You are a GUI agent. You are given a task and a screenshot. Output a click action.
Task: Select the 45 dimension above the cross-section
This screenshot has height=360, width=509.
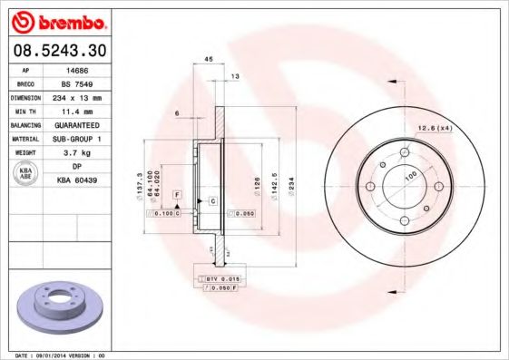208,59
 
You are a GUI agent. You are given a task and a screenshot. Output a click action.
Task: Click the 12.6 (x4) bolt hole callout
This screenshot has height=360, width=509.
435,128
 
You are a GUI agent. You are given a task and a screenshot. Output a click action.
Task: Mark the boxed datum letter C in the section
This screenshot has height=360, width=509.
211,199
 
